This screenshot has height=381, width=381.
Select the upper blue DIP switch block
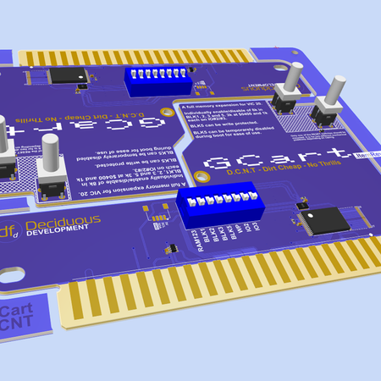point(157,81)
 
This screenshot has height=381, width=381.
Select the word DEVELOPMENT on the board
point(58,233)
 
